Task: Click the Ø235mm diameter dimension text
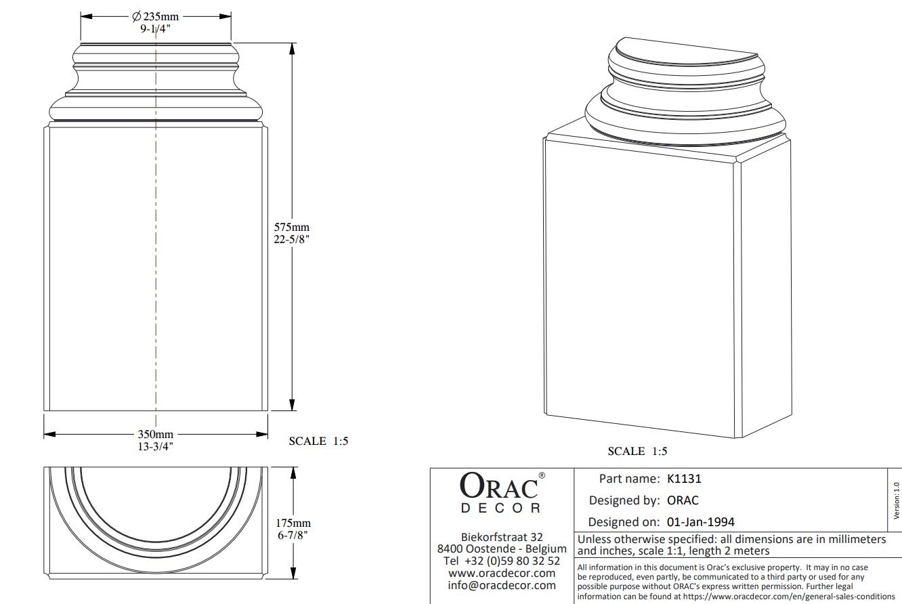pyautogui.click(x=156, y=18)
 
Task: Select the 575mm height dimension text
pyautogui.click(x=292, y=227)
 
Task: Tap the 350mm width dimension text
pyautogui.click(x=156, y=434)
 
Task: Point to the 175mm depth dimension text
pyautogui.click(x=293, y=523)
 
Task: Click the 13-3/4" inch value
pyautogui.click(x=156, y=446)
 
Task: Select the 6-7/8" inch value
pyautogui.click(x=293, y=534)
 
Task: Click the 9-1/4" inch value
pyautogui.click(x=156, y=29)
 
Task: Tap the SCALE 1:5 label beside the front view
pyautogui.click(x=318, y=441)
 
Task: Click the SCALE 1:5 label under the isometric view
pyautogui.click(x=637, y=451)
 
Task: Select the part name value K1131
pyautogui.click(x=684, y=479)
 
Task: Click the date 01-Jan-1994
pyautogui.click(x=700, y=522)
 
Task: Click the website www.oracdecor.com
pyautogui.click(x=502, y=573)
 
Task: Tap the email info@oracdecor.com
pyautogui.click(x=502, y=585)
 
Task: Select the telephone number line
pyautogui.click(x=502, y=561)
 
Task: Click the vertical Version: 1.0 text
pyautogui.click(x=896, y=500)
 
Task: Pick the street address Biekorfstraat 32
pyautogui.click(x=502, y=536)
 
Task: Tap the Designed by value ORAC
pyautogui.click(x=683, y=500)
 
